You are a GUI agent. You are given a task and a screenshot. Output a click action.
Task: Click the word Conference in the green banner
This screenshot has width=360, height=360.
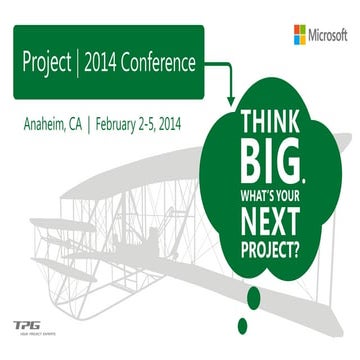point(155,63)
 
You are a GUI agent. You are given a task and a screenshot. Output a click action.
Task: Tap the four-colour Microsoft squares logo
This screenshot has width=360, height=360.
point(300,34)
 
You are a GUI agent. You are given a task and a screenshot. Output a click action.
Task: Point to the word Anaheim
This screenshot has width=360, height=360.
point(47,127)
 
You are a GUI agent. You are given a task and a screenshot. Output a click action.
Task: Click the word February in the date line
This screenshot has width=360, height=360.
point(123,127)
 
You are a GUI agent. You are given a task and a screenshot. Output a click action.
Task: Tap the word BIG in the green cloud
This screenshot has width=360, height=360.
point(272,160)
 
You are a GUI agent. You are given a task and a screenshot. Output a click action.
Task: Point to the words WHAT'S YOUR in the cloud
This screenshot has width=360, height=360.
point(274,187)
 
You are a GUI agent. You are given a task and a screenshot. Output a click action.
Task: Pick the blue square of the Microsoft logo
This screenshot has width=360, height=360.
point(295,40)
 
